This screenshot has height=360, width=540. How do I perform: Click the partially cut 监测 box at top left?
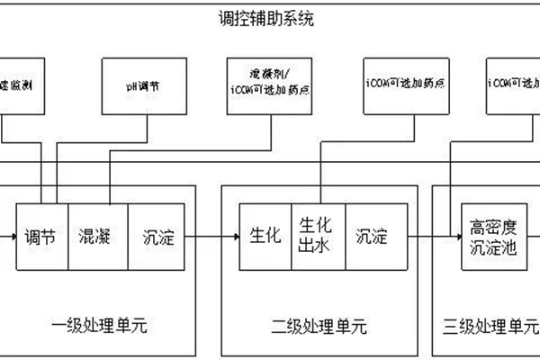[22, 86]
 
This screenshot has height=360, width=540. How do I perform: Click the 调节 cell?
[41, 238]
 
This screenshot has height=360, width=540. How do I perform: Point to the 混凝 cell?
[96, 238]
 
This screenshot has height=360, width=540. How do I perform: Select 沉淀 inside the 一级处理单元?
[161, 238]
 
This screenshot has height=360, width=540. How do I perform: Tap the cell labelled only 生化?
[265, 238]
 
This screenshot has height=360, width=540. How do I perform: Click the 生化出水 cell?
[319, 238]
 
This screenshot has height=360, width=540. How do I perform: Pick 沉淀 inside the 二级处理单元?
[371, 238]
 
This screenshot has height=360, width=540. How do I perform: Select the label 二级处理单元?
[319, 324]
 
